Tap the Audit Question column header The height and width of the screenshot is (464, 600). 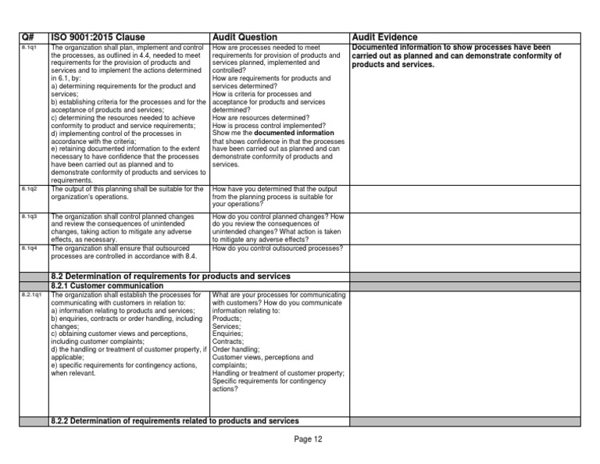click(245, 37)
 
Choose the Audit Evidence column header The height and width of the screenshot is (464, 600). click(384, 37)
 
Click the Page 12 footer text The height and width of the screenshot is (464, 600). click(308, 439)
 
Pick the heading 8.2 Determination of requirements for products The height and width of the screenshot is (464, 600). click(170, 276)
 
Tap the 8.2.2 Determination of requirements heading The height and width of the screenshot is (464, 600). click(174, 421)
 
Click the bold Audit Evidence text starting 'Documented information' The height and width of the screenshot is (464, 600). click(457, 56)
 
